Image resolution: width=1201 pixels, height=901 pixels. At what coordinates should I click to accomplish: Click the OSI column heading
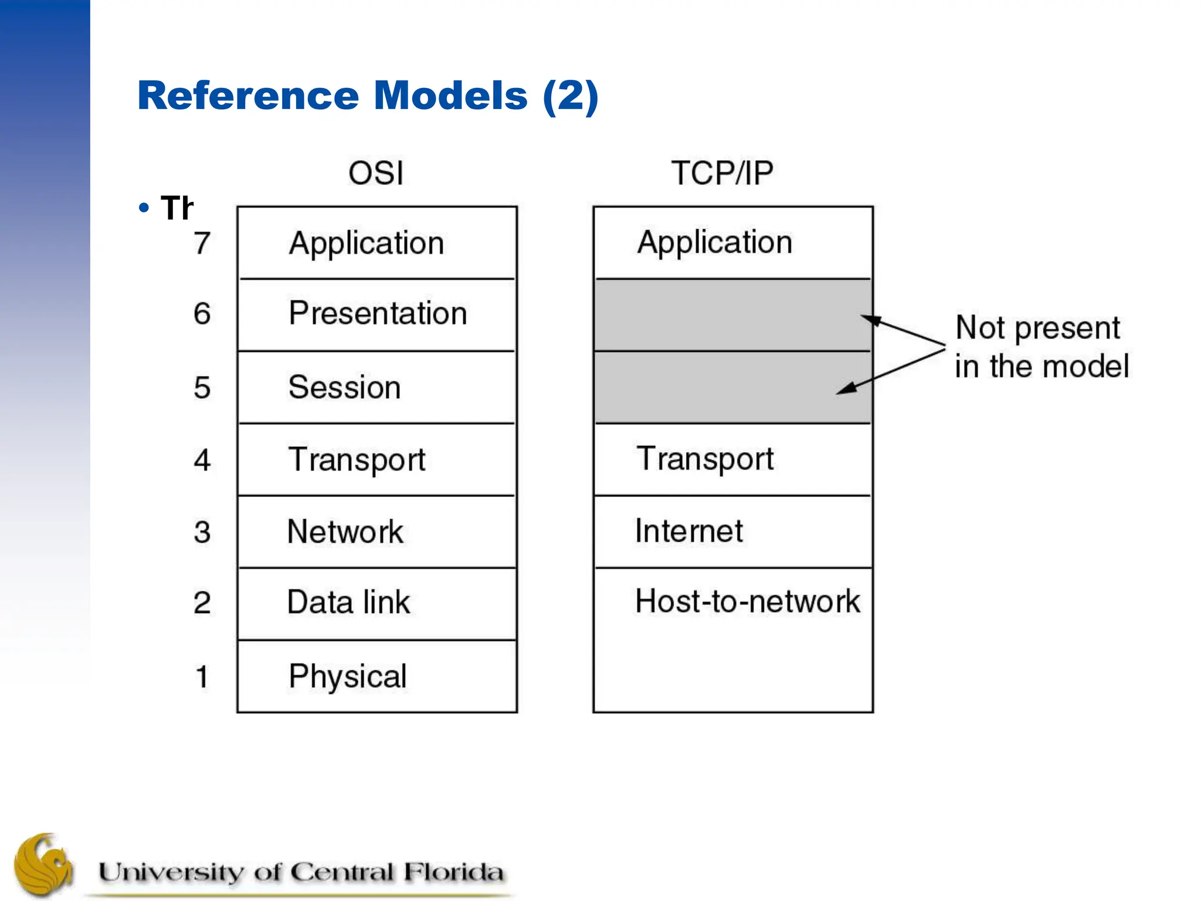(x=376, y=173)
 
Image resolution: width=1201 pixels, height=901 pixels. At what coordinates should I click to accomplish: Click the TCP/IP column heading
(x=722, y=173)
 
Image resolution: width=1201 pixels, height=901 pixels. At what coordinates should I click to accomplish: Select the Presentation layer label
(x=378, y=313)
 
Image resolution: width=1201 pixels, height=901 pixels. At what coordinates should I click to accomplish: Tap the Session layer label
(x=344, y=387)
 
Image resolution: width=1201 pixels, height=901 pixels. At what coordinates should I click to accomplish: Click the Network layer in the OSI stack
(x=345, y=532)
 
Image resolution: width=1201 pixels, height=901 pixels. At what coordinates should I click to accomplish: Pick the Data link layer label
(x=348, y=602)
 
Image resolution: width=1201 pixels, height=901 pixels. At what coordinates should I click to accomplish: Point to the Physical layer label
(x=347, y=676)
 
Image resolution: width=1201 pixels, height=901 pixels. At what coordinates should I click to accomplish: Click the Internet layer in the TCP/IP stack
(x=688, y=531)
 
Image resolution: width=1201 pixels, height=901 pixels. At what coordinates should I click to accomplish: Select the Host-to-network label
(x=747, y=601)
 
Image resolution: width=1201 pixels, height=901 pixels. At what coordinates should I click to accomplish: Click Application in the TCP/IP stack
(x=714, y=242)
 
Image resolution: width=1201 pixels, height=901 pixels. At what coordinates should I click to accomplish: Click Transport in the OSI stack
(x=356, y=459)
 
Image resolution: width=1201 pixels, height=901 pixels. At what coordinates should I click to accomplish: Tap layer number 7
(x=202, y=243)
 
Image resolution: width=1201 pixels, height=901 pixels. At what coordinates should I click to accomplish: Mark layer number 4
(x=202, y=460)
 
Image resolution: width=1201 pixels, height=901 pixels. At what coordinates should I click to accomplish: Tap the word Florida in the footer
(x=453, y=872)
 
